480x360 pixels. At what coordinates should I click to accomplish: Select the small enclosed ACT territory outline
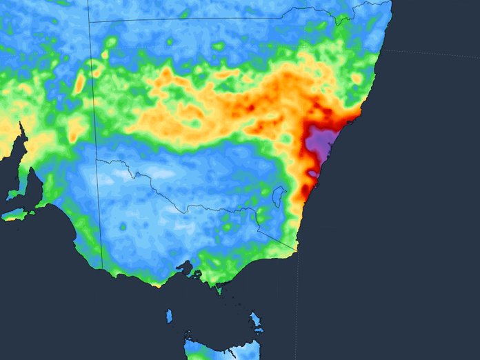pyautogui.click(x=279, y=196)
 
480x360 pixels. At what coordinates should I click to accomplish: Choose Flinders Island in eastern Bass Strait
pyautogui.click(x=255, y=320)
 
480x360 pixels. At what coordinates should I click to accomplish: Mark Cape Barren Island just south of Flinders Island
pyautogui.click(x=259, y=332)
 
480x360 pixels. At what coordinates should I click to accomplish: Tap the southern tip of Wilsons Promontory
pyautogui.click(x=220, y=290)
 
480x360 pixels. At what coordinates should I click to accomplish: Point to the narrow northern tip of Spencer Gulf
pyautogui.click(x=22, y=128)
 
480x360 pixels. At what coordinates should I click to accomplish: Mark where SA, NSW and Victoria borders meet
pyautogui.click(x=97, y=161)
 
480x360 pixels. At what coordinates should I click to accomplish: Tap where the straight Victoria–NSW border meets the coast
pyautogui.click(x=297, y=250)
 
